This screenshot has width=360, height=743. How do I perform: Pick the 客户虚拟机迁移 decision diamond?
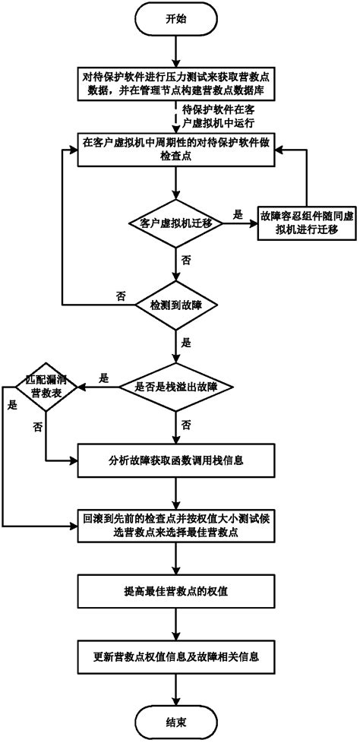pos(175,223)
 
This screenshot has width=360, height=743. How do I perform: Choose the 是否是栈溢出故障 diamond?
pos(175,386)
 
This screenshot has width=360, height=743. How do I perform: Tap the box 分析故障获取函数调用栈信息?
pos(175,460)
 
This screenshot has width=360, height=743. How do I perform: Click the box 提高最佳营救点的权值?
pos(175,590)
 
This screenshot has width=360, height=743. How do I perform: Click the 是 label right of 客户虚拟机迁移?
pos(236,214)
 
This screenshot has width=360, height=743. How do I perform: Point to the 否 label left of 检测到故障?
pos(121,296)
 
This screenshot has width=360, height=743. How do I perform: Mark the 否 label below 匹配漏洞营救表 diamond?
pos(37,427)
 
